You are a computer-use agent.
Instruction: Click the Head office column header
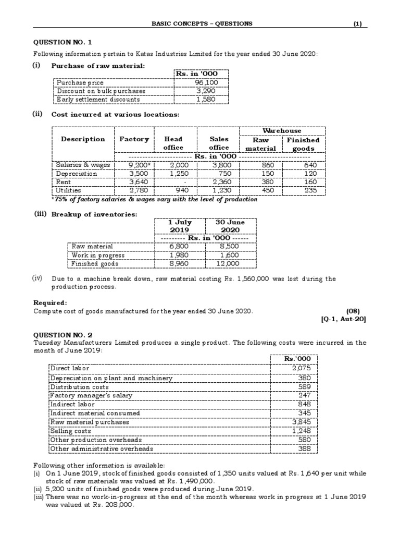173,143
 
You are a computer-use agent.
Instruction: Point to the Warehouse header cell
282,130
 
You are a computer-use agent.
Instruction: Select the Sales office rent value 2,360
219,182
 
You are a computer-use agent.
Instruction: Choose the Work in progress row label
98,255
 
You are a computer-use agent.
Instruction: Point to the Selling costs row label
68,431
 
